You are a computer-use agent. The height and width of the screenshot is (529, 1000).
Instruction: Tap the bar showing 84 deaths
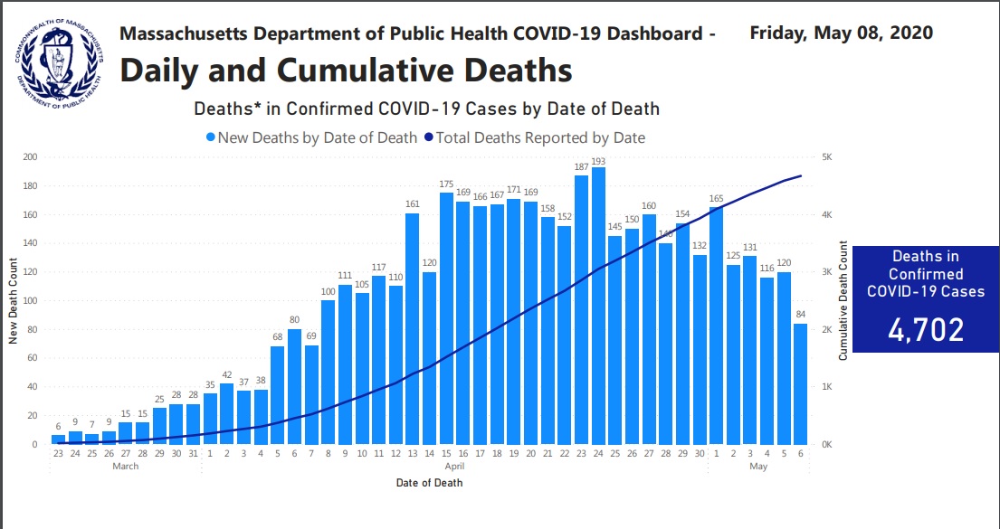pos(800,383)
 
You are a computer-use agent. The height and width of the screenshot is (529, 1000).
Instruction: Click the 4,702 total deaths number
pos(926,329)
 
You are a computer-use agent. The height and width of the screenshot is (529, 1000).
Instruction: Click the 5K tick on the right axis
pos(826,157)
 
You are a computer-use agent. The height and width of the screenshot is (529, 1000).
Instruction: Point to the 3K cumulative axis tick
pos(826,272)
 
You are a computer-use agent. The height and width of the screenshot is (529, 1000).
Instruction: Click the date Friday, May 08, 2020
pos(841,33)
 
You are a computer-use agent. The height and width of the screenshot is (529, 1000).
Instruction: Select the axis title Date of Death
pos(429,482)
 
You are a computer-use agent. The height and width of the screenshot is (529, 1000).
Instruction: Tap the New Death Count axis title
pos(14,300)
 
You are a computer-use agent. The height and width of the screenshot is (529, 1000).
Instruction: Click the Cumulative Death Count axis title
pos(843,300)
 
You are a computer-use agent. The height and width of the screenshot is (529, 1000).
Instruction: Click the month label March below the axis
pos(125,467)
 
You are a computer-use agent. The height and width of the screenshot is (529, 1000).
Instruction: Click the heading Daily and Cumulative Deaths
pos(346,70)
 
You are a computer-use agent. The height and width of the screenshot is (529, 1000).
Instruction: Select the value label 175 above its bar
pos(446,184)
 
